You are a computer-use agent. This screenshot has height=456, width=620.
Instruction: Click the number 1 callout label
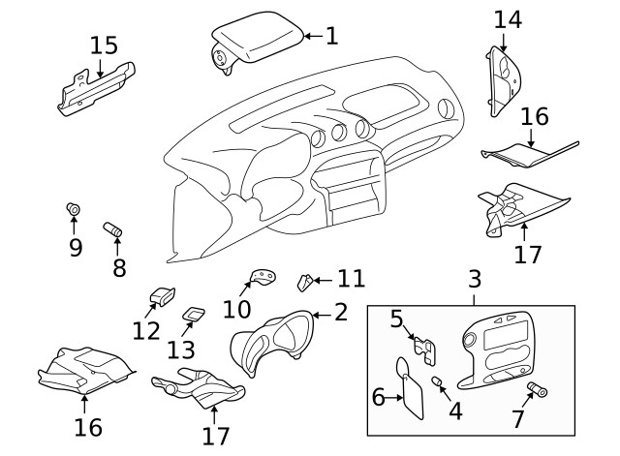coord(331,37)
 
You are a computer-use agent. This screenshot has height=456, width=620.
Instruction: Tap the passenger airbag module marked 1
coord(257,43)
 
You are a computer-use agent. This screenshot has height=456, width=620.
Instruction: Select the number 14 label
coord(507,18)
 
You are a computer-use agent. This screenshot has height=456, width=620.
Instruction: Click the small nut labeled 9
coord(73,210)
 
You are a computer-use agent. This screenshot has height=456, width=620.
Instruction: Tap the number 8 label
coord(119,267)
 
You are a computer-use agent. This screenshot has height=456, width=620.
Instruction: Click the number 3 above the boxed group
coord(475,280)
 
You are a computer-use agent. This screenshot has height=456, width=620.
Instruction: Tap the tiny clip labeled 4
coord(438,384)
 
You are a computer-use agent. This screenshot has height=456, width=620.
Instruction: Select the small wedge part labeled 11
coord(303,282)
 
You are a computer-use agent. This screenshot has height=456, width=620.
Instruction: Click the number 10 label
coord(236,309)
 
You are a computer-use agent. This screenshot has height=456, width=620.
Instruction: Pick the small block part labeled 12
coord(161,295)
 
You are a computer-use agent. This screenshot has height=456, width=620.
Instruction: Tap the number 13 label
coord(180,348)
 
